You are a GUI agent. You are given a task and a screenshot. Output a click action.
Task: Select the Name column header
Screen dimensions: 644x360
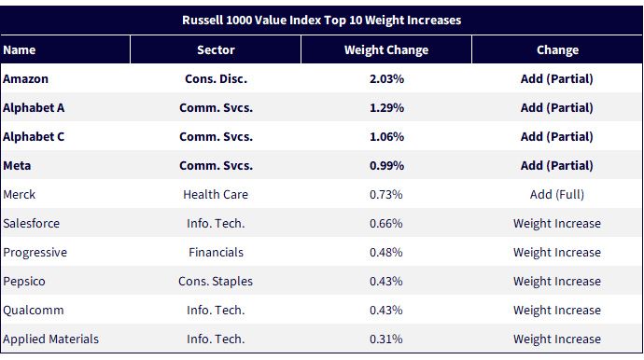(20, 50)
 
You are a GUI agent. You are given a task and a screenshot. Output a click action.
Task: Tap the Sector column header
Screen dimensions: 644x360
(216, 50)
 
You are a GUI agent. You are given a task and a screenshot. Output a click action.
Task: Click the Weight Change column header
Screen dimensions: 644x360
(386, 50)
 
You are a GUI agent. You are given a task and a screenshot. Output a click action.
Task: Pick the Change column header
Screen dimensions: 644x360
(557, 50)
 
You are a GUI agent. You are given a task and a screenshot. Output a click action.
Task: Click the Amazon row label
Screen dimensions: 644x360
(25, 79)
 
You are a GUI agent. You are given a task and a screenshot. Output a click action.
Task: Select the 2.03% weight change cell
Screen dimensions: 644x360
(386, 79)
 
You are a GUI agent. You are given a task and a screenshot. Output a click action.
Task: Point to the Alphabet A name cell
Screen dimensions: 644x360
(34, 107)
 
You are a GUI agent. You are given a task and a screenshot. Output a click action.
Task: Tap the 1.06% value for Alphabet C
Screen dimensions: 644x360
(386, 137)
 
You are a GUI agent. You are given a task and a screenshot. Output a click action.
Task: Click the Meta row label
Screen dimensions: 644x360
(17, 165)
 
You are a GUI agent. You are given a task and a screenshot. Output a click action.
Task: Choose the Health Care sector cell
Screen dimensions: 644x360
(216, 194)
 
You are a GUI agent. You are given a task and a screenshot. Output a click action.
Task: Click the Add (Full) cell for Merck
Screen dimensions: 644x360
(557, 194)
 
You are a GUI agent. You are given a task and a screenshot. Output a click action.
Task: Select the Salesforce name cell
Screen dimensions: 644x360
(31, 223)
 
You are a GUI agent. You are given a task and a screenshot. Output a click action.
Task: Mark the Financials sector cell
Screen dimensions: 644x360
(216, 252)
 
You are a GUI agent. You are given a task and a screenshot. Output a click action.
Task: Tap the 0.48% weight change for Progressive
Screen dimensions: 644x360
(386, 252)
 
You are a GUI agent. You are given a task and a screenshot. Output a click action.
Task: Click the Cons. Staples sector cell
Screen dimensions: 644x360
(216, 281)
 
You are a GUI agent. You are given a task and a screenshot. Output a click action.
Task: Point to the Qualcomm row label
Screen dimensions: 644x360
(34, 310)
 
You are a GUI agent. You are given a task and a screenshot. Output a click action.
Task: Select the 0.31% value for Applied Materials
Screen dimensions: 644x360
(386, 339)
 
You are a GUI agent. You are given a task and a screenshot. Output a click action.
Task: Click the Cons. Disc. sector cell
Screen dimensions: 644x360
(216, 79)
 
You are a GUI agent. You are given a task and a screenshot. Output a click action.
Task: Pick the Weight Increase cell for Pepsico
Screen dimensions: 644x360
(557, 281)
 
